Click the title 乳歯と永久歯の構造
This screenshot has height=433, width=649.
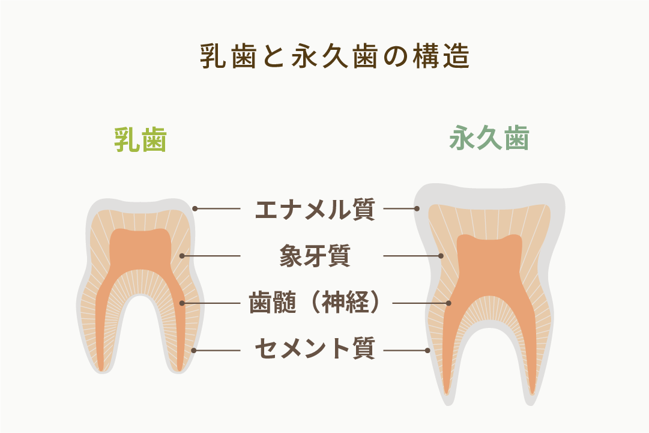335,56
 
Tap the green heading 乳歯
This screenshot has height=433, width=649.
140,139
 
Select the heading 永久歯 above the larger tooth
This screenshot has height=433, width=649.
489,138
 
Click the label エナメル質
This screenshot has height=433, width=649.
315,209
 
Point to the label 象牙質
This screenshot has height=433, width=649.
315,256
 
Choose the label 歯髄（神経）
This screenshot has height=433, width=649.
315,303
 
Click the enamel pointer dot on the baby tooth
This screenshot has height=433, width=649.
195,208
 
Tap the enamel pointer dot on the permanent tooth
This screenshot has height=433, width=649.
417,208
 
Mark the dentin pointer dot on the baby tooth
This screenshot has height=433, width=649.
182,256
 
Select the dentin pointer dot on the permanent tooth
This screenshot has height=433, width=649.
441,256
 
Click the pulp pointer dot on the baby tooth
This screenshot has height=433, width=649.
182,303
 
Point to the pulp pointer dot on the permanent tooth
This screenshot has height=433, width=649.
448,303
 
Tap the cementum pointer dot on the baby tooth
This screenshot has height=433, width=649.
193,350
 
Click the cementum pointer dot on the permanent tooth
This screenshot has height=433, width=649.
428,350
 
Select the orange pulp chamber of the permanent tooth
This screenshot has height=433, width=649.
489,265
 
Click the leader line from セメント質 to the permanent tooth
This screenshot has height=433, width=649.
406,350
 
